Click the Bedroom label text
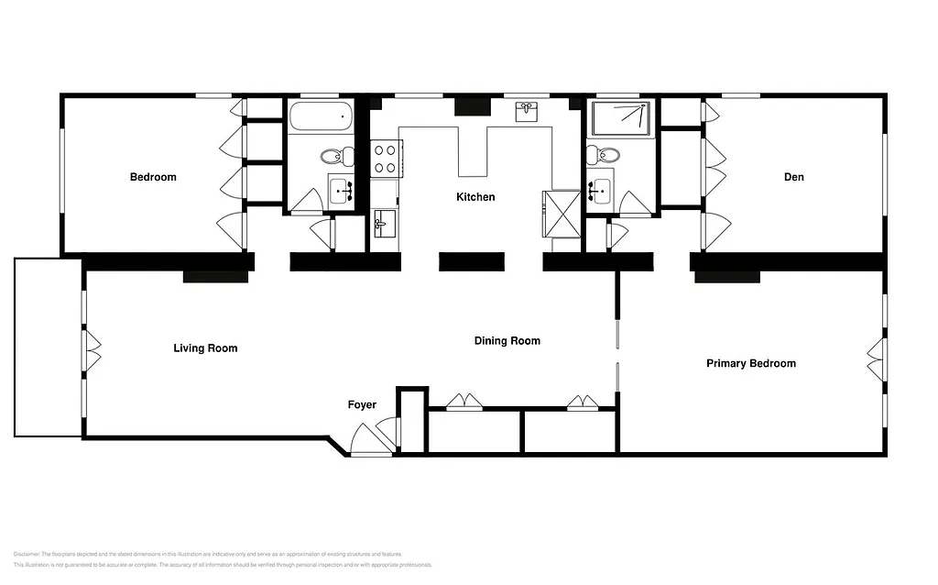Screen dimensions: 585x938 153,177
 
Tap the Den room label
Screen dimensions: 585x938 793,177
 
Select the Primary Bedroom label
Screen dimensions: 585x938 750,364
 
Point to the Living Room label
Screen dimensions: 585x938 205,348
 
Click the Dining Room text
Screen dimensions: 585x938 507,341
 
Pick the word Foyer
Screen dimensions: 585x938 362,404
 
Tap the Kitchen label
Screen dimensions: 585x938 475,197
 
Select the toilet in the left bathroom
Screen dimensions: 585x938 337,155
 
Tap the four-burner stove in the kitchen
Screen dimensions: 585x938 385,158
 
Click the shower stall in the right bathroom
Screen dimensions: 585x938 622,118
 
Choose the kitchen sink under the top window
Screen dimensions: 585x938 527,111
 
